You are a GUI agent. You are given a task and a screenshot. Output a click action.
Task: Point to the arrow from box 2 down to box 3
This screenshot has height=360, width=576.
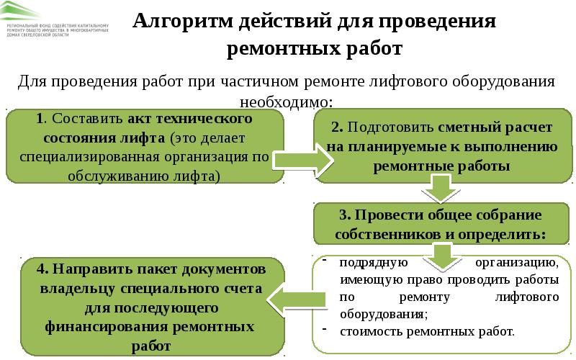coord(436,189)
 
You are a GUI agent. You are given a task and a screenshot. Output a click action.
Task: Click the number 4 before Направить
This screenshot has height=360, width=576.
coord(43,269)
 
